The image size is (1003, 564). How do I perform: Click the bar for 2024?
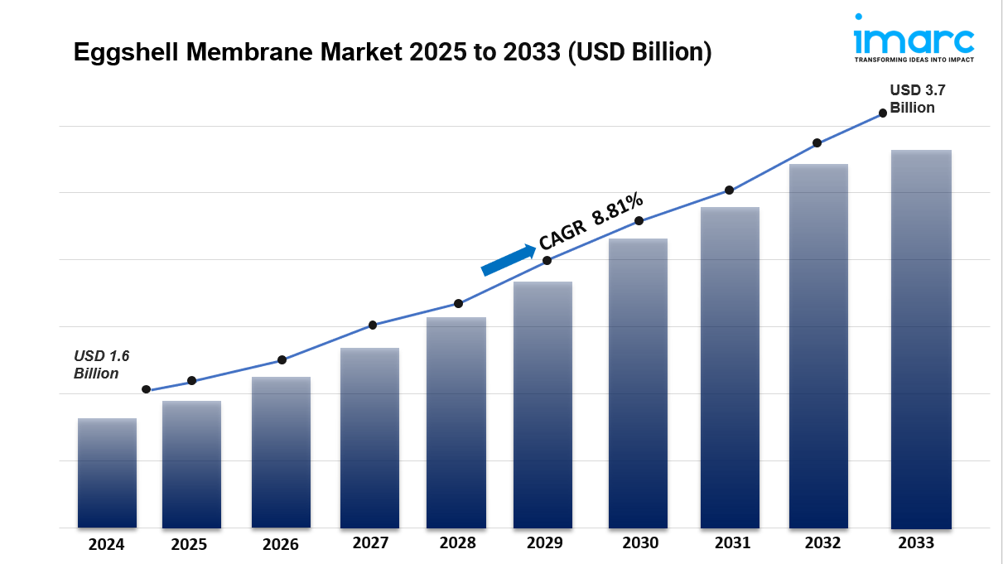[x=107, y=473]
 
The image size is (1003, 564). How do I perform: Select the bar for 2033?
[x=921, y=340]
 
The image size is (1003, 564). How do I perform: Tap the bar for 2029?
[x=542, y=405]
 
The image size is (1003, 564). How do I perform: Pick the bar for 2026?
[x=281, y=452]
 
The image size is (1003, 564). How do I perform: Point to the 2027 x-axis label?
[x=369, y=543]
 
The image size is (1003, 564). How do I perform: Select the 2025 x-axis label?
[x=190, y=544]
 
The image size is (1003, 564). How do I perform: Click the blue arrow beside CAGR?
[x=509, y=259]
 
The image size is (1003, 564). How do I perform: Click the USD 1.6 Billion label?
[x=102, y=364]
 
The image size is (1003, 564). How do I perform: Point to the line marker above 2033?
[x=883, y=113]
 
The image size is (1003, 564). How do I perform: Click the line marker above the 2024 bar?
[x=147, y=389]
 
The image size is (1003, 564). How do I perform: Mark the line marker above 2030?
[x=639, y=221]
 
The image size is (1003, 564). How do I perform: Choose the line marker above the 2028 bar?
[x=458, y=304]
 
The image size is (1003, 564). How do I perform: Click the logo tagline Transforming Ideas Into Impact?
[x=914, y=60]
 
